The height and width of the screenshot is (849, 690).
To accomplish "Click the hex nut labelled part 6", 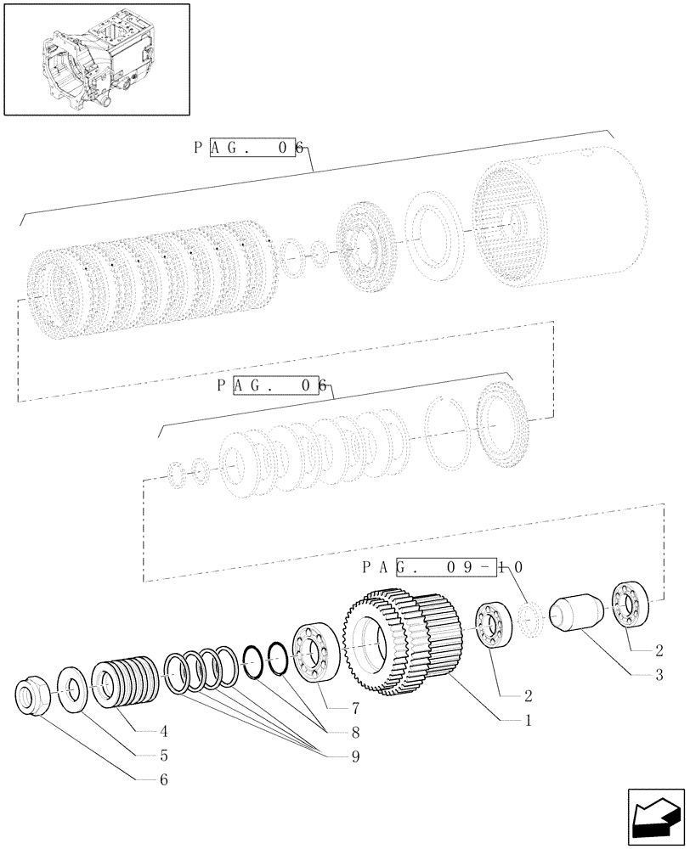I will point(33,697).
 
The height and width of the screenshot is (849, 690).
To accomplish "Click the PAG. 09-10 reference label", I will point(442,567).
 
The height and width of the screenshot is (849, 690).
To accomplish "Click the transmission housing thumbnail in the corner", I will point(95,59).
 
